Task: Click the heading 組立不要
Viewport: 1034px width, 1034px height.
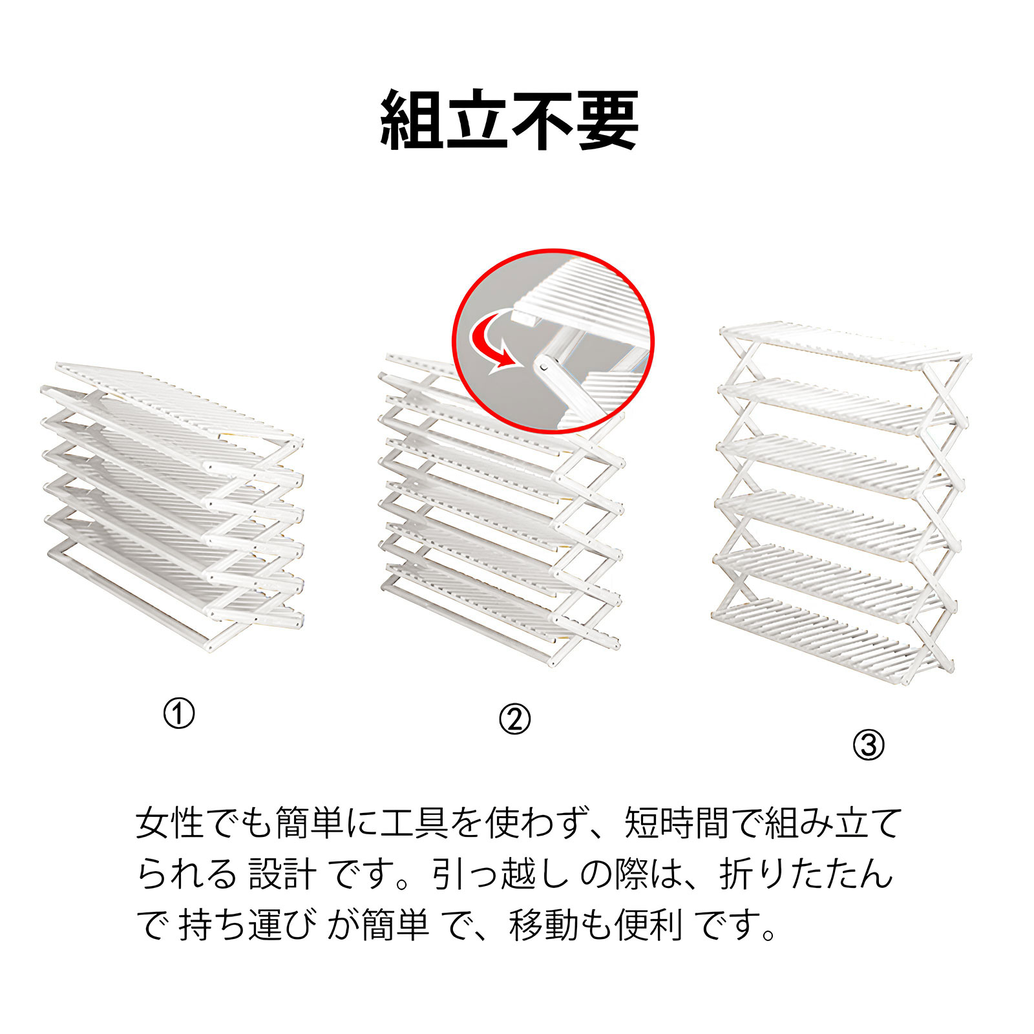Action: [x=510, y=120]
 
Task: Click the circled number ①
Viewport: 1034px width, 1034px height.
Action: [x=179, y=714]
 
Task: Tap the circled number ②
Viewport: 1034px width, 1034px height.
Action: [x=515, y=719]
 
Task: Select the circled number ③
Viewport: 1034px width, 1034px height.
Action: [x=869, y=745]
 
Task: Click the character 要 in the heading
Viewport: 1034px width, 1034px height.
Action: [x=607, y=120]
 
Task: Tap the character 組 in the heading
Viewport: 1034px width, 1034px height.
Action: [x=412, y=120]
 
